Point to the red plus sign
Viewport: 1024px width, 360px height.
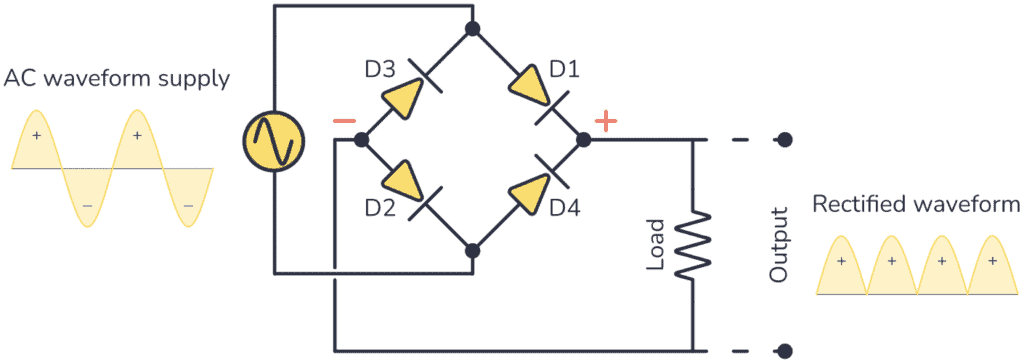click(606, 121)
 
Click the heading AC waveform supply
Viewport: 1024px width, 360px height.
click(117, 77)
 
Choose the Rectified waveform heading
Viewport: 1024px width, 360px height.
click(915, 205)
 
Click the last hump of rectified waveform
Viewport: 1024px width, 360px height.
click(992, 266)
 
